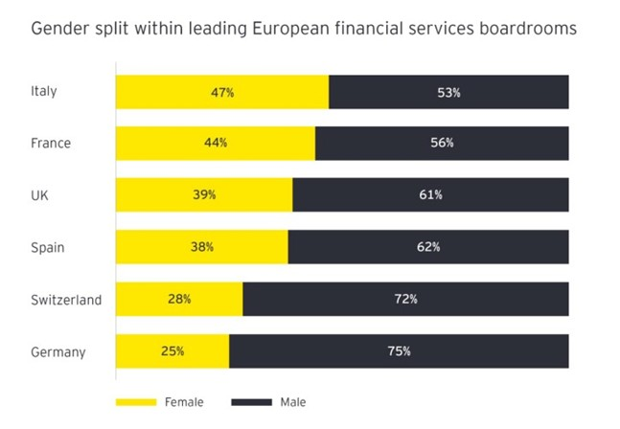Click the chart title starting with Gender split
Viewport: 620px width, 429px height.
click(304, 29)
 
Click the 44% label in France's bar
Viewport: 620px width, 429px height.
click(216, 143)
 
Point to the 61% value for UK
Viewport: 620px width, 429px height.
click(430, 194)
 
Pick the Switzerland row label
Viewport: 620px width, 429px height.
click(66, 300)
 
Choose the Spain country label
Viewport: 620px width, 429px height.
click(47, 247)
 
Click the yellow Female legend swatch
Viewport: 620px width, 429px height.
click(136, 402)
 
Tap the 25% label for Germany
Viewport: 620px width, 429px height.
click(172, 350)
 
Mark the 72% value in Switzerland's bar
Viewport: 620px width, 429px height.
click(405, 299)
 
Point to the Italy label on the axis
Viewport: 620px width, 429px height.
click(44, 91)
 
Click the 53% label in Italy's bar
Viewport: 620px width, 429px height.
click(448, 93)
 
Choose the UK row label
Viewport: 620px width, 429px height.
click(39, 195)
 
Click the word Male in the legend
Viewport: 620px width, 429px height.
click(292, 402)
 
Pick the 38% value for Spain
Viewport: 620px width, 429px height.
click(201, 247)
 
